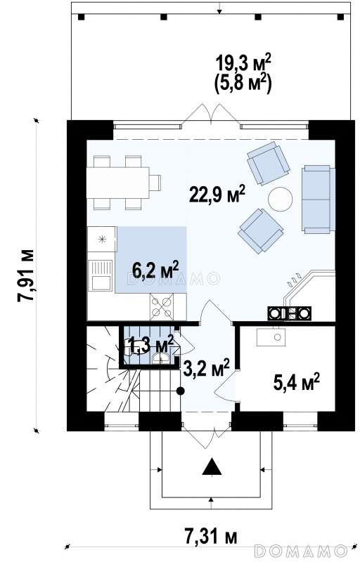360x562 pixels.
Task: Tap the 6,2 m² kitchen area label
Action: click(155, 269)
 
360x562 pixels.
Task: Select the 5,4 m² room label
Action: click(296, 382)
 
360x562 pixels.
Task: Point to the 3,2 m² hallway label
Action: click(206, 368)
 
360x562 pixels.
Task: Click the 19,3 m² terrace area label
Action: click(243, 63)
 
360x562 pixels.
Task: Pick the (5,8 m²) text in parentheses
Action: click(243, 84)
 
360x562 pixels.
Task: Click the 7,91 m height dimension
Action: click(26, 275)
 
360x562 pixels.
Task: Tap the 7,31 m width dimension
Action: click(211, 537)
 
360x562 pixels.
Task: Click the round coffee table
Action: click(280, 200)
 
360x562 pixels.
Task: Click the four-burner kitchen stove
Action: click(161, 306)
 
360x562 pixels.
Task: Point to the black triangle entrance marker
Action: click(212, 466)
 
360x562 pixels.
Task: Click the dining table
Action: click(118, 183)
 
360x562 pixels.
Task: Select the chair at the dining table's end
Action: click(155, 183)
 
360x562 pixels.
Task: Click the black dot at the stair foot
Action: click(181, 391)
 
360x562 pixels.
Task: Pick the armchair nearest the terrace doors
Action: click(268, 163)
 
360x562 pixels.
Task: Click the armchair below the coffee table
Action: click(260, 231)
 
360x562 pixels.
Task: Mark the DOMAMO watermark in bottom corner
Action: click(300, 549)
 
